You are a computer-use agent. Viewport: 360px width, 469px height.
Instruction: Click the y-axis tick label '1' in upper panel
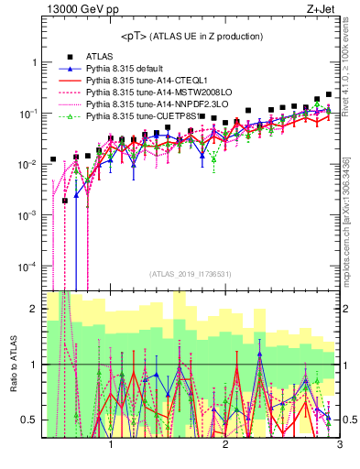click(33, 62)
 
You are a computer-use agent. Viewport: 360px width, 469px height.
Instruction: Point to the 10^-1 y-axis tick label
click(28, 113)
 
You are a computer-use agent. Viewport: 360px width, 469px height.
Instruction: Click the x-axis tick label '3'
click(339, 446)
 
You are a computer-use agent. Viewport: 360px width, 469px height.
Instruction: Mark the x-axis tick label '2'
click(225, 446)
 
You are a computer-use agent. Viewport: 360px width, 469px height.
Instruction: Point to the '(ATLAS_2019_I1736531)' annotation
click(191, 274)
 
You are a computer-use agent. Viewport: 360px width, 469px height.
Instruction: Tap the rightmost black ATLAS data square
click(329, 93)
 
